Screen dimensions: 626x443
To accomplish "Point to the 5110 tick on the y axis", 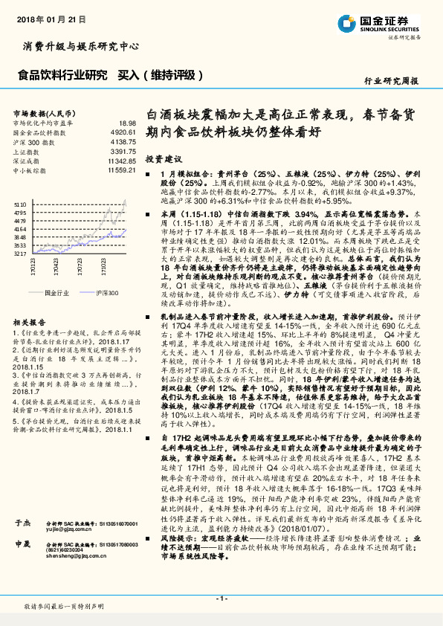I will tap(21, 202).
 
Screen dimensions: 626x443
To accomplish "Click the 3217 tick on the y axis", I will tap(21, 254).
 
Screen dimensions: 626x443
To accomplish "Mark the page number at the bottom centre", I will tap(221, 596).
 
